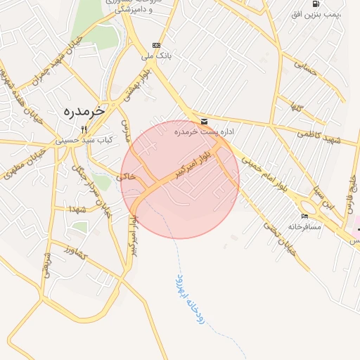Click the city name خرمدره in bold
pos(84,111)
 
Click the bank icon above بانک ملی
pos(155,45)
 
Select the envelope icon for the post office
pos(204,121)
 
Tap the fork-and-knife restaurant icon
pos(84,129)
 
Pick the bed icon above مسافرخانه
pos(304,216)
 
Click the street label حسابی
pos(304,67)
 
